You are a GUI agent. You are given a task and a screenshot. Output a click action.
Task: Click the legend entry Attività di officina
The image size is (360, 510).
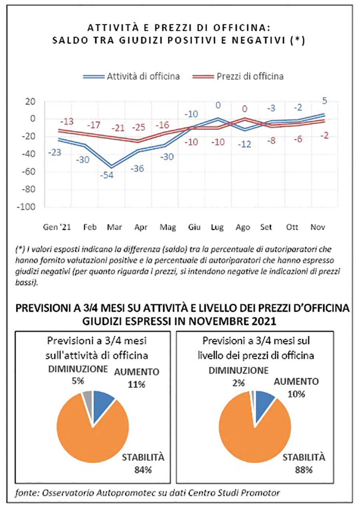pos(132,76)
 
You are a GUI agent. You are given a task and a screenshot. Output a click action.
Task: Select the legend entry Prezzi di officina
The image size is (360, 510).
pos(238,76)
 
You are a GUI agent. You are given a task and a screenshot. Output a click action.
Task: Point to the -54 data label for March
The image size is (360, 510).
pos(107,175)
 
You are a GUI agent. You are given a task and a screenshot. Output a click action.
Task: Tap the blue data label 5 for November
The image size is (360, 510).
pos(325,101)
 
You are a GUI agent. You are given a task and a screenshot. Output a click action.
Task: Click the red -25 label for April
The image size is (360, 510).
pos(138,127)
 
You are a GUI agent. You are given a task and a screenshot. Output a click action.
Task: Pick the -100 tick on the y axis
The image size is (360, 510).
pos(26,207)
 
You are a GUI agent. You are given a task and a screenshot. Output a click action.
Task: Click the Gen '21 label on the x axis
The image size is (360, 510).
pos(57,227)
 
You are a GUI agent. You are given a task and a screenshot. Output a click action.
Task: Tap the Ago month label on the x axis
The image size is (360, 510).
pos(243,227)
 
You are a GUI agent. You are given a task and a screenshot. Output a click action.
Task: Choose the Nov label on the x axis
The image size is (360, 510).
pos(318,227)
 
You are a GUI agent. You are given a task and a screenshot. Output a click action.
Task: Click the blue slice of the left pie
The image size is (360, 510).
pos(102,403)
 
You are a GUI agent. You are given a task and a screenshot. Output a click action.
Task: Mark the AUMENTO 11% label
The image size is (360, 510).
pos(136,378)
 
